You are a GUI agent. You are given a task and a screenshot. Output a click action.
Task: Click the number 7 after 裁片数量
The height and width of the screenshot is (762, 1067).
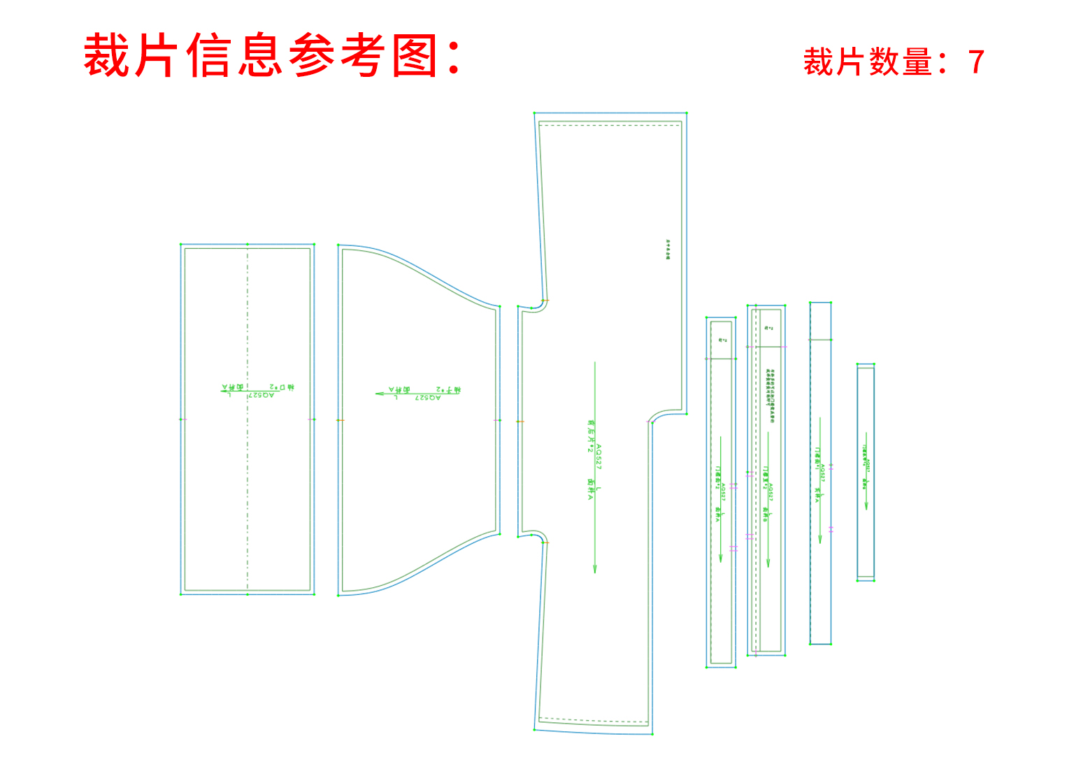pos(976,62)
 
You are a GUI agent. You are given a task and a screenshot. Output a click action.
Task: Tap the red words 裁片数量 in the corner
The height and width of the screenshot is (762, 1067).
pos(867,62)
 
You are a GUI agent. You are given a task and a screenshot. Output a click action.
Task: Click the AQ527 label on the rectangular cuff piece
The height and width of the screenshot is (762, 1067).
pos(262,395)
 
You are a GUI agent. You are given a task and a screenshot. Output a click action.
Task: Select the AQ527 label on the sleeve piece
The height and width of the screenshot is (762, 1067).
pos(427,397)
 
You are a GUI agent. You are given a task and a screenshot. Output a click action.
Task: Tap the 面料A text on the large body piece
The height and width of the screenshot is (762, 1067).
pos(591,488)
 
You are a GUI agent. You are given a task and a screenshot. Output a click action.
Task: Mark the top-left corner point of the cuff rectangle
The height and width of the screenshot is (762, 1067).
pos(181,245)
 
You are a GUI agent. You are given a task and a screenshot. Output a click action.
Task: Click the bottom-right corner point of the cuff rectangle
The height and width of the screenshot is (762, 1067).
pos(313,594)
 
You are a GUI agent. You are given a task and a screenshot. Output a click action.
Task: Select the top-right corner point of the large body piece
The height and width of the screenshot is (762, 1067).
pos(686,113)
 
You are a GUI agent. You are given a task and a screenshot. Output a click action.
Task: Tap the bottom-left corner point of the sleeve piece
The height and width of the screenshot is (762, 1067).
pos(338,595)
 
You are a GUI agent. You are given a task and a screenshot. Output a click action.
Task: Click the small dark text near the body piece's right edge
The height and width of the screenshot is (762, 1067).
pos(668,250)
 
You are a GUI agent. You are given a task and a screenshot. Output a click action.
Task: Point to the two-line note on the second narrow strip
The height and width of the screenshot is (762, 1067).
pos(771,391)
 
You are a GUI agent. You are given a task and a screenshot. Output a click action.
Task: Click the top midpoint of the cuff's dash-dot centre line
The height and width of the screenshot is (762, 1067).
pos(248,245)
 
